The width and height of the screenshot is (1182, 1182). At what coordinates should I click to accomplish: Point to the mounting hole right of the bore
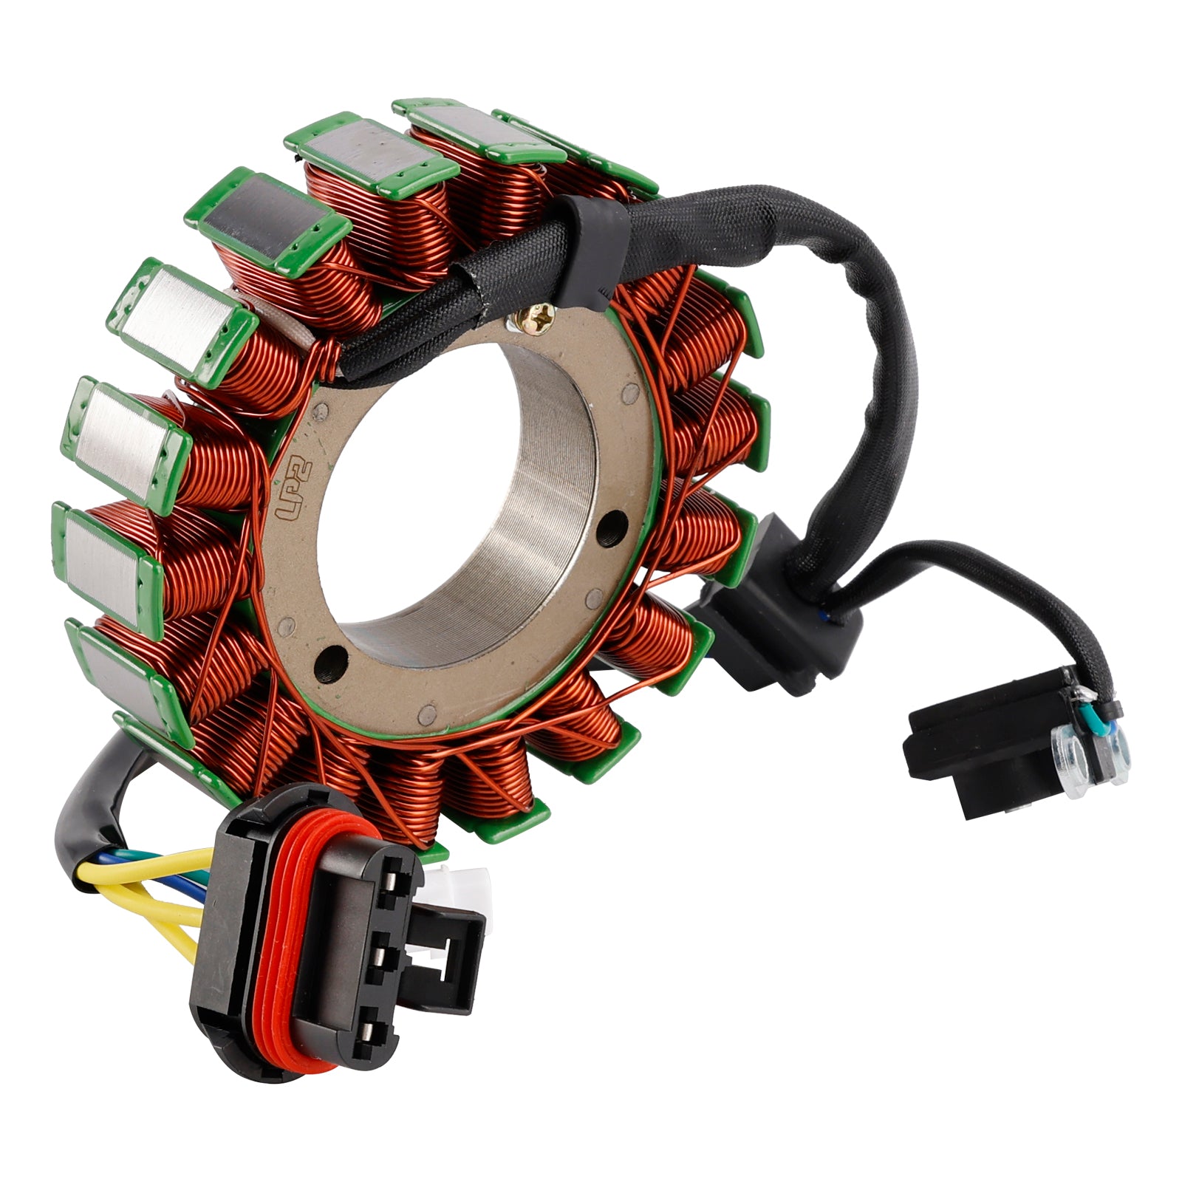coord(610,527)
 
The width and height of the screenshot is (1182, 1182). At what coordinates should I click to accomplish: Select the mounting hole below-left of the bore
coord(330,660)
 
